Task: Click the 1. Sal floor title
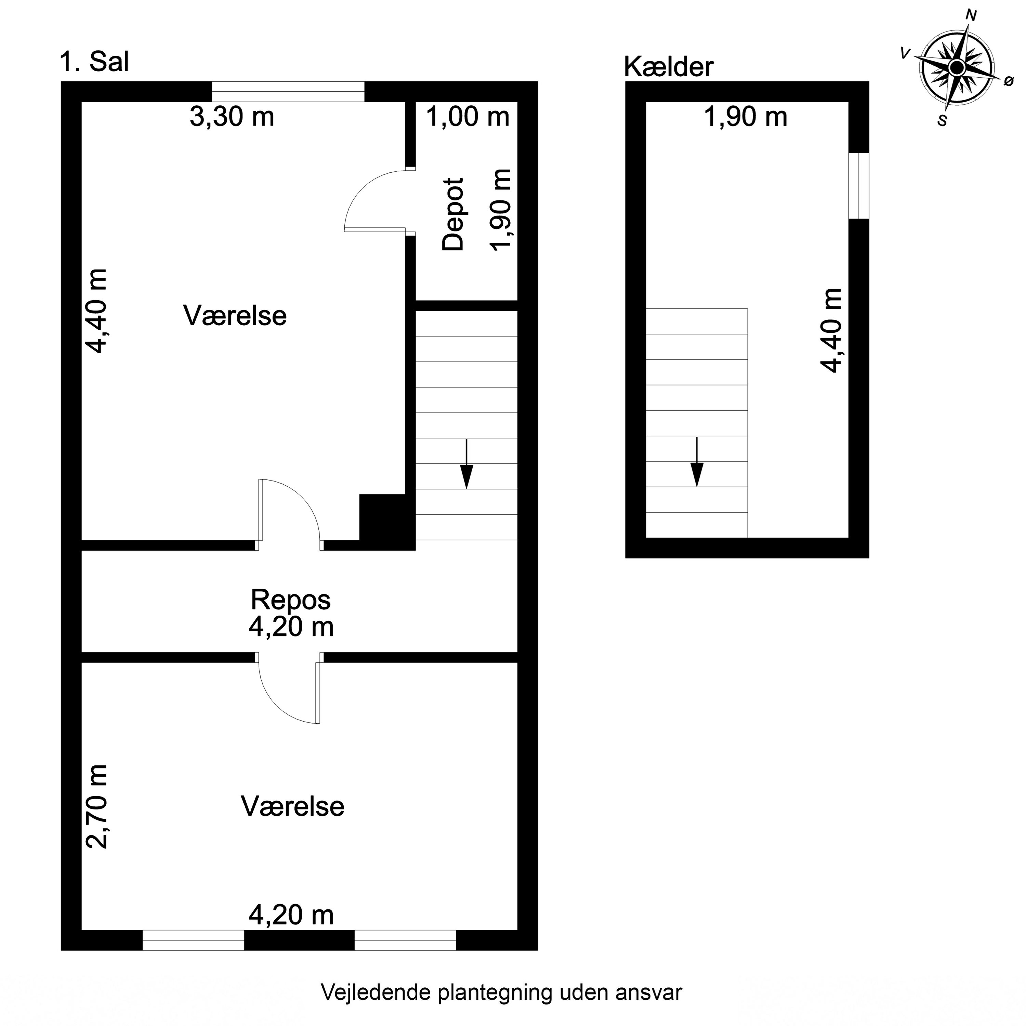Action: pos(94,62)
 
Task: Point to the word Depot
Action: pos(453,214)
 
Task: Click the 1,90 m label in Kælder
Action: pos(745,117)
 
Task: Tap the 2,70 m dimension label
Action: pos(97,807)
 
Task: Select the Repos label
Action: pos(290,600)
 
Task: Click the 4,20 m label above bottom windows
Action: pos(291,915)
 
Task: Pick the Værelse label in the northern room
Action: pos(235,315)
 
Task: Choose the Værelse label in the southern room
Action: pos(293,806)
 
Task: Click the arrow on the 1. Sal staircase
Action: pos(466,464)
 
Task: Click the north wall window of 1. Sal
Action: pos(288,91)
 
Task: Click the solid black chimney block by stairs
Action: pos(386,522)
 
